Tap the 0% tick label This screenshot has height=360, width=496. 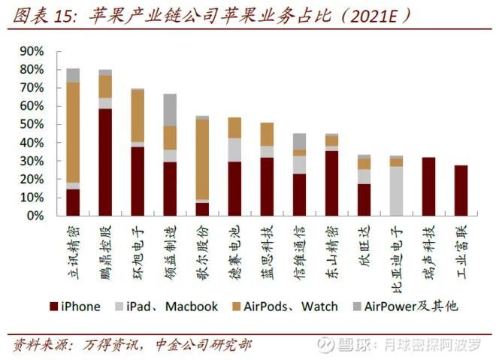tap(34, 216)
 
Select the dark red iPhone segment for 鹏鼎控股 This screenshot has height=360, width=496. tap(105, 162)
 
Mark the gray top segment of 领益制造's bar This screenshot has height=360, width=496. tap(170, 110)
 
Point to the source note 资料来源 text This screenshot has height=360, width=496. tap(39, 345)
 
